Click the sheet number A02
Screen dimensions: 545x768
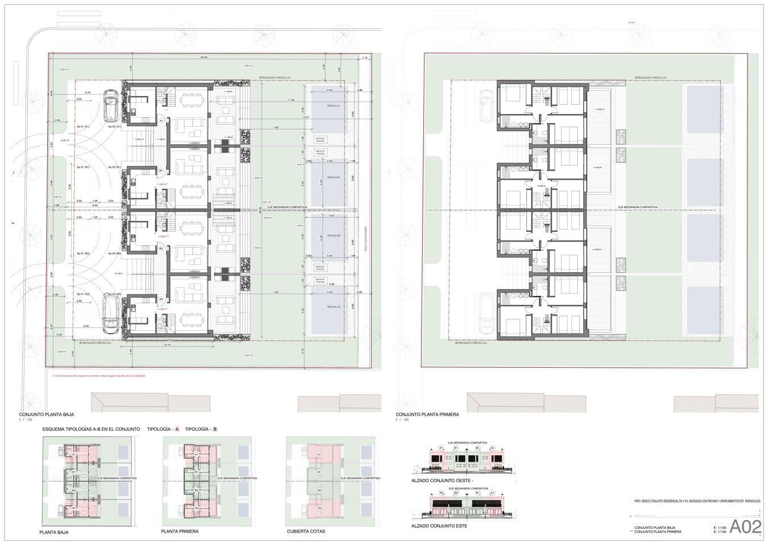pyautogui.click(x=745, y=526)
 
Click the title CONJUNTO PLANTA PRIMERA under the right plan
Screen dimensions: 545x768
pyautogui.click(x=427, y=415)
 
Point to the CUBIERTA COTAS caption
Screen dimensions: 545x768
pyautogui.click(x=306, y=532)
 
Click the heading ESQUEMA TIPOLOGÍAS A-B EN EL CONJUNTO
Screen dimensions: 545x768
pyautogui.click(x=91, y=429)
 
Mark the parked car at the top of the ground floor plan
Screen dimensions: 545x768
pyautogui.click(x=111, y=107)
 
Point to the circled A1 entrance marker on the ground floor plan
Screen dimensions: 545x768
pyautogui.click(x=161, y=121)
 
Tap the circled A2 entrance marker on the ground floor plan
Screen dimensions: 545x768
pyautogui.click(x=161, y=298)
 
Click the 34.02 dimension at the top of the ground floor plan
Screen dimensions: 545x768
pyautogui.click(x=204, y=58)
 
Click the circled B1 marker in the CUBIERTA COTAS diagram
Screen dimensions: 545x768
pyautogui.click(x=319, y=472)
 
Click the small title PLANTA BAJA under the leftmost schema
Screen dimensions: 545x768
pyautogui.click(x=55, y=532)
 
